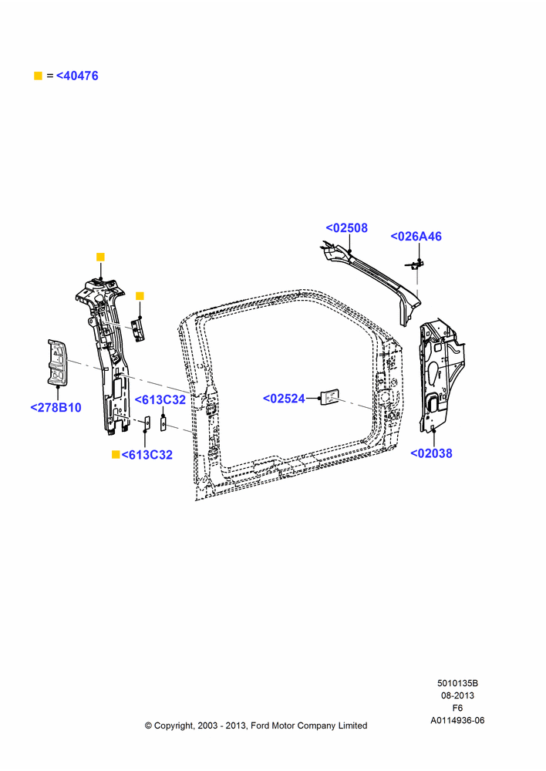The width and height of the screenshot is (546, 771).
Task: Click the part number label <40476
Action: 77,76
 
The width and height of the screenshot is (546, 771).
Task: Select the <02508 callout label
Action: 347,228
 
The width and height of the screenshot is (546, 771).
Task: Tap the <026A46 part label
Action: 416,237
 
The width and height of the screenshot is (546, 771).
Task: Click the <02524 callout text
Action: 284,399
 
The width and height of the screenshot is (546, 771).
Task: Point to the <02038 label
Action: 431,453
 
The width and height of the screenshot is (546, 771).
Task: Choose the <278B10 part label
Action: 56,408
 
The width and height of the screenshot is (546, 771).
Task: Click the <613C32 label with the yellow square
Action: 147,455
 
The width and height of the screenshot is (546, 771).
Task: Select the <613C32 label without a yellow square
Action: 160,399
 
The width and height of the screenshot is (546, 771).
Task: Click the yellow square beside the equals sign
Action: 38,76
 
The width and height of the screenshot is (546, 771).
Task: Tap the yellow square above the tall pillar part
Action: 100,258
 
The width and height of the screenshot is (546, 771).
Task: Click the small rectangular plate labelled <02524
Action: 329,397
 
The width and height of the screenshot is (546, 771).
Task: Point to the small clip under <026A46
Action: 414,265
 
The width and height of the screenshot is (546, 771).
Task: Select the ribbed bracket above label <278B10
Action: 58,362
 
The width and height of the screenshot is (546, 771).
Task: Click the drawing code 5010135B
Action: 457,683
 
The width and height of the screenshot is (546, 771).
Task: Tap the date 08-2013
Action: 457,695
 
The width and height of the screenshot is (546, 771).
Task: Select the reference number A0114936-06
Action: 457,720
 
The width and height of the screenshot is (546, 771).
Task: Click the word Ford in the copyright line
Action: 259,726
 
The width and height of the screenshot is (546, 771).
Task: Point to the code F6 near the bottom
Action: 457,708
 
